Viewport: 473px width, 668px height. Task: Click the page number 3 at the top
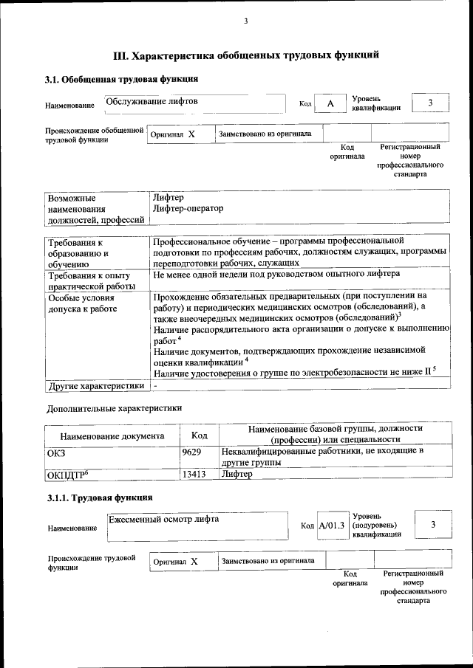(x=245, y=21)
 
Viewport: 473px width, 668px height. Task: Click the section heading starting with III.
(x=246, y=55)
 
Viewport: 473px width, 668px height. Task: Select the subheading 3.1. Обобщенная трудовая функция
(x=121, y=79)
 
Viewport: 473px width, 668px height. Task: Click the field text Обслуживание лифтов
(x=152, y=101)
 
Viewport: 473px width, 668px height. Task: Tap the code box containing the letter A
(x=330, y=104)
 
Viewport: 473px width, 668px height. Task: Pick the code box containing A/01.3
(x=332, y=525)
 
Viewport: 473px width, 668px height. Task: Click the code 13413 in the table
(x=194, y=475)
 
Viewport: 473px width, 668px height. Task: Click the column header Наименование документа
(x=112, y=435)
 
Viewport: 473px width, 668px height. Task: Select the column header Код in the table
(x=199, y=435)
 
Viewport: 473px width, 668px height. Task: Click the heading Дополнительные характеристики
(x=114, y=407)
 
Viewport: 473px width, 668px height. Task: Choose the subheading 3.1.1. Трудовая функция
(x=100, y=500)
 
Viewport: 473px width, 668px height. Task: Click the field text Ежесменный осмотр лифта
(x=164, y=519)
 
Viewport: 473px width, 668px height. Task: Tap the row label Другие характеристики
(x=95, y=385)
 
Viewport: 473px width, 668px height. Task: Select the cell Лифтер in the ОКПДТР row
(x=237, y=475)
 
